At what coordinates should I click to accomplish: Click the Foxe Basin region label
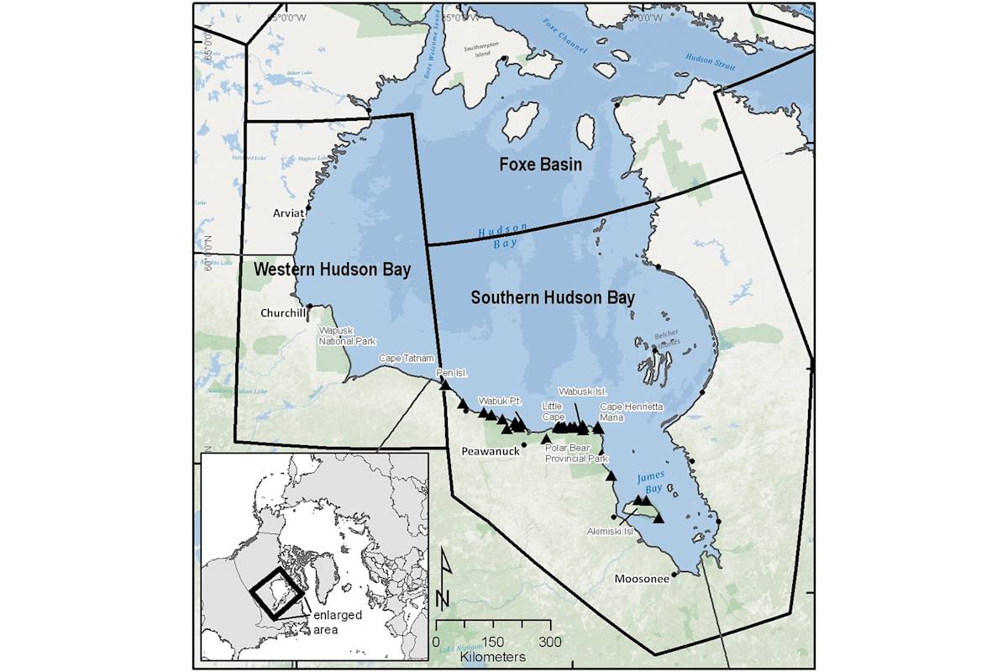[540, 165]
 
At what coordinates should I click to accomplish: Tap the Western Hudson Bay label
[333, 270]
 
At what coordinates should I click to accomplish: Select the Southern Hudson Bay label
[552, 297]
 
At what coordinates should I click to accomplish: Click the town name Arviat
[288, 213]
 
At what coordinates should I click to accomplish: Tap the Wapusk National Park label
[346, 336]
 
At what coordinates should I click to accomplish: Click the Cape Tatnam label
[406, 358]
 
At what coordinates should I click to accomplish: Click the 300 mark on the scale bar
[550, 641]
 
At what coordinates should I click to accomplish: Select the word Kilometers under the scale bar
[493, 656]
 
